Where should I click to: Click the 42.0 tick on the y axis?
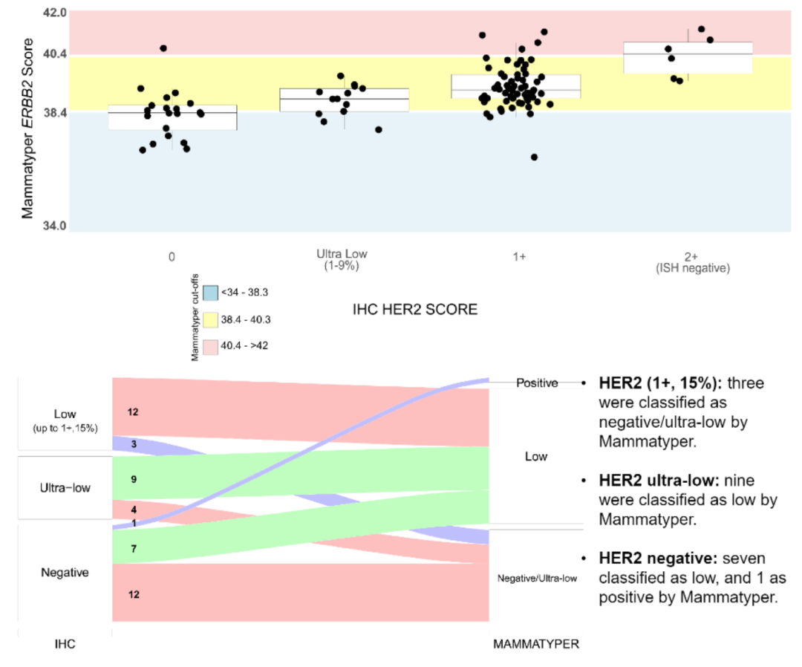(56, 13)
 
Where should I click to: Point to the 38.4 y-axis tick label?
(56, 112)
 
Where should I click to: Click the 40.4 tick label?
(56, 53)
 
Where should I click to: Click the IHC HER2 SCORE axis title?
(414, 309)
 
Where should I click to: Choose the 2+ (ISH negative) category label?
(691, 261)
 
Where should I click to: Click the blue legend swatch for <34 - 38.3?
(210, 293)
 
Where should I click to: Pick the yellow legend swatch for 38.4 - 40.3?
(210, 320)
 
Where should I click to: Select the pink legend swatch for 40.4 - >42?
(210, 347)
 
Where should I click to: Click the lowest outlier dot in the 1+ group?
(534, 157)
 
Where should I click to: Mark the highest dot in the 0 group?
(163, 48)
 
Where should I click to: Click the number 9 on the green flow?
(134, 480)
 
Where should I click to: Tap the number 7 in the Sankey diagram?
(134, 549)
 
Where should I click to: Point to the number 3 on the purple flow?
(134, 443)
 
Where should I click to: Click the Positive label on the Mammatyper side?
(537, 383)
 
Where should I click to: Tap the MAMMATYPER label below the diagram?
(536, 645)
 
